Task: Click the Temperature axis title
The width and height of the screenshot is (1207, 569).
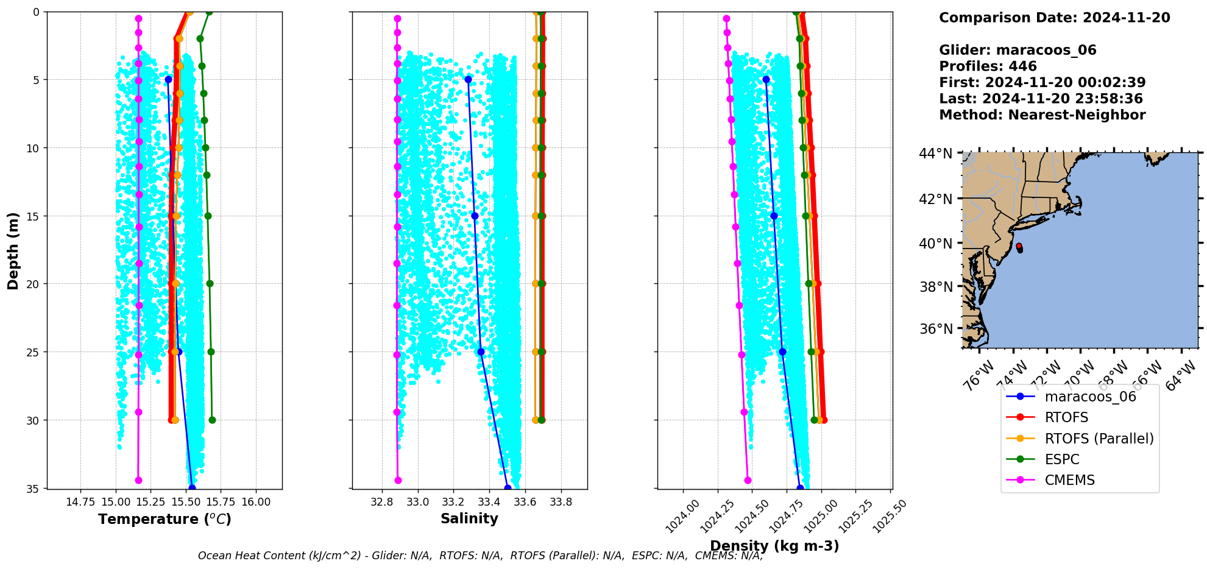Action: point(165,519)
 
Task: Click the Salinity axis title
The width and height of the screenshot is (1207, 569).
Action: point(469,518)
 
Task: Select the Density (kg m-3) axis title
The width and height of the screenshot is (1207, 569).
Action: point(774,546)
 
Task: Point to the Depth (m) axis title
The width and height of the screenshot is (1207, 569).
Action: point(13,250)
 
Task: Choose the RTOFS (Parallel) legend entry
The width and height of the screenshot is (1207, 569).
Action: point(1099,439)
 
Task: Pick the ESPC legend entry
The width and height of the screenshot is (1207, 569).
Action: point(1061,459)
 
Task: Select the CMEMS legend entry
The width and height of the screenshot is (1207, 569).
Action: point(1069,480)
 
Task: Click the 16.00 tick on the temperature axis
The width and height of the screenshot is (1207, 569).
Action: point(256,501)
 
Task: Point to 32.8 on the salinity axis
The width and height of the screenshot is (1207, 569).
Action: point(382,501)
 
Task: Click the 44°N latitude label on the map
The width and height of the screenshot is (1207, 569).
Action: point(936,154)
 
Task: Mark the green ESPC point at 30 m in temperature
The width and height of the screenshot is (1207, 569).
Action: point(212,420)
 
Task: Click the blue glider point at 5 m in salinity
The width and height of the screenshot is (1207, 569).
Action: point(468,79)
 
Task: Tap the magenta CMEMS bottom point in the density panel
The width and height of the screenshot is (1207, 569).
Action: point(748,480)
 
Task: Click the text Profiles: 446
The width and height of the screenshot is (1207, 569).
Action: point(988,66)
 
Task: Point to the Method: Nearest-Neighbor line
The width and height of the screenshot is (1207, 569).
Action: point(1042,115)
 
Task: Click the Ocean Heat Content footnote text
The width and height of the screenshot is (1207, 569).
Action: point(480,556)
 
